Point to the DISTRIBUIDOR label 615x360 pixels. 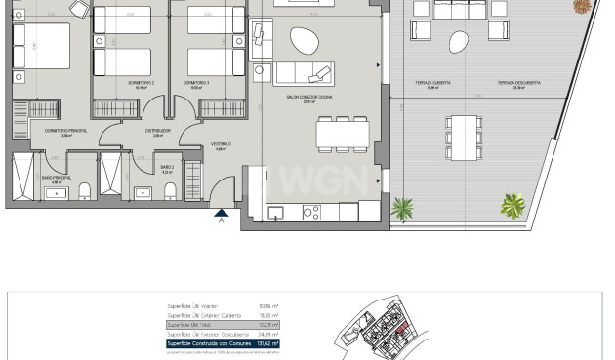click(158, 130)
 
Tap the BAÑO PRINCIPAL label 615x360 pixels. click(52, 177)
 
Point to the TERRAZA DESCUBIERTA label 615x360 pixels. click(518, 84)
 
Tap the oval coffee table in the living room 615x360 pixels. click(305, 40)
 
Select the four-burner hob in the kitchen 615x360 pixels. click(311, 211)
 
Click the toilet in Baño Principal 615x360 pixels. click(84, 189)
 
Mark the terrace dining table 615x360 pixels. click(463, 130)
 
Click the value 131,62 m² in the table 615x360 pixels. click(263, 343)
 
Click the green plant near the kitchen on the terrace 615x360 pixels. click(401, 208)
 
